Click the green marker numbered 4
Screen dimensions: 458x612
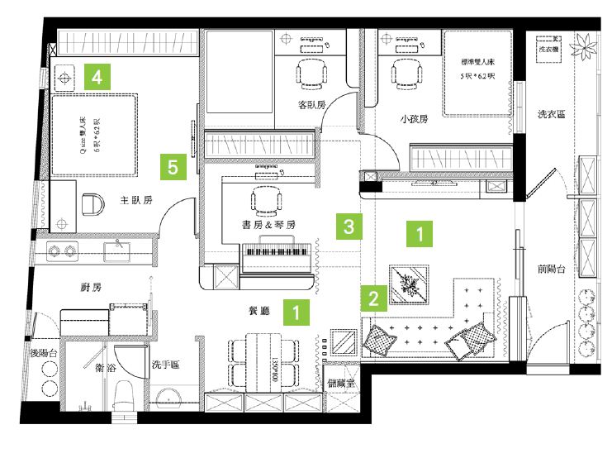[x=97, y=79]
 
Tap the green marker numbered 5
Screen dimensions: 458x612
[x=173, y=168]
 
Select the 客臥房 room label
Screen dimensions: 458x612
[x=311, y=105]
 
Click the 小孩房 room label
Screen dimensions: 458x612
[x=414, y=119]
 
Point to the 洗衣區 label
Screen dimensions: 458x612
[x=552, y=113]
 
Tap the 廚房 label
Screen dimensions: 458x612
[x=90, y=288]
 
